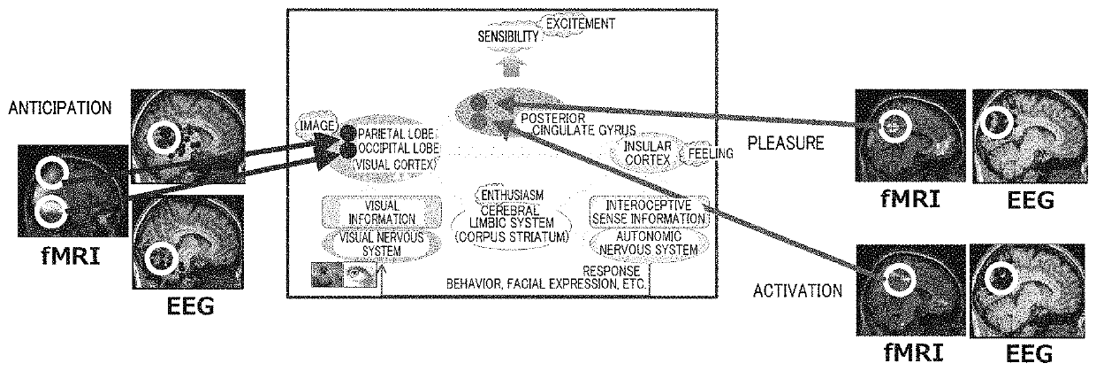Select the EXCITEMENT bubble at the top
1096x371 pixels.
click(579, 23)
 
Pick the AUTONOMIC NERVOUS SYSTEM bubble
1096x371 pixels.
click(648, 243)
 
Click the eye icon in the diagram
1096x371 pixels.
click(358, 275)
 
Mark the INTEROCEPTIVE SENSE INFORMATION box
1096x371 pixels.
click(648, 212)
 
